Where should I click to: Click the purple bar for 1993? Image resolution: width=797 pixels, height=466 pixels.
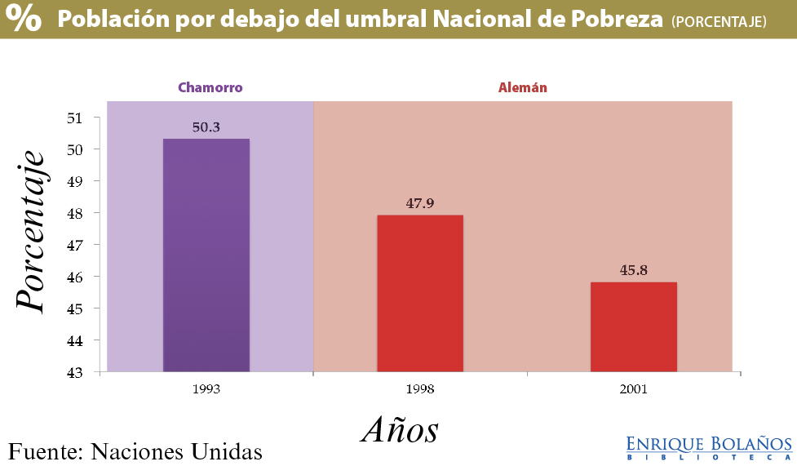click(206, 255)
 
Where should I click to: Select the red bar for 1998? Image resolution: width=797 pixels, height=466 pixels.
click(419, 293)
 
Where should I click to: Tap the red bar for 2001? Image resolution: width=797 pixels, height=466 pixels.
click(633, 326)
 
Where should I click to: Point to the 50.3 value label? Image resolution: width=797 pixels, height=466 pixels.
click(206, 127)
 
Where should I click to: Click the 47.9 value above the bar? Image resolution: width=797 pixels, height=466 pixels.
click(419, 203)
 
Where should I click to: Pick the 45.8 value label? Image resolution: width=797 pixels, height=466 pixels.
click(633, 270)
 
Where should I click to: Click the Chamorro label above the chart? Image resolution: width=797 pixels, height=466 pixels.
click(210, 87)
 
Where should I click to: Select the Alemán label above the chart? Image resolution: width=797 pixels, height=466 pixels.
click(523, 87)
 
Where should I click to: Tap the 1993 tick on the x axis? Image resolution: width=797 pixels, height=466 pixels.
click(206, 389)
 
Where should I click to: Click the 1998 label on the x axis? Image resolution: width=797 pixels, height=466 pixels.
click(419, 389)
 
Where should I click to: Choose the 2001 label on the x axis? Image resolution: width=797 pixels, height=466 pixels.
click(633, 389)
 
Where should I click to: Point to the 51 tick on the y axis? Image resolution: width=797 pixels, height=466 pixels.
click(76, 118)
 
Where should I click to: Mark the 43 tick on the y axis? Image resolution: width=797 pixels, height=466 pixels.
click(76, 372)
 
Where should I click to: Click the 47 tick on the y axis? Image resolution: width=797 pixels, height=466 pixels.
click(76, 245)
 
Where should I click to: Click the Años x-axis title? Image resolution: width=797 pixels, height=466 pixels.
click(400, 428)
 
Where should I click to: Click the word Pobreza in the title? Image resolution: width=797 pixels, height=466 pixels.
click(619, 20)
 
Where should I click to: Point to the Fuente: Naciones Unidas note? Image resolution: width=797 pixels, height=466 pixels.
click(135, 451)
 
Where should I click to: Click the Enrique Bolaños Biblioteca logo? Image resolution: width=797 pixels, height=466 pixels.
click(708, 448)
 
